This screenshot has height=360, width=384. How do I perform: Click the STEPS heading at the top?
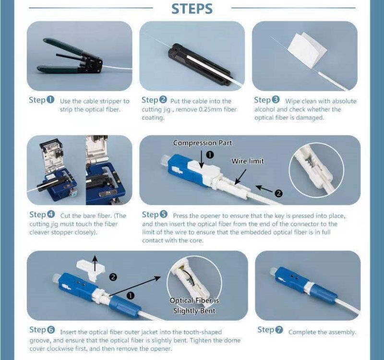pos(192,9)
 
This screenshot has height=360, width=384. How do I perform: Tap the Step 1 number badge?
pos(50,100)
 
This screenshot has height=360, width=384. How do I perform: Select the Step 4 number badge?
pos(51,214)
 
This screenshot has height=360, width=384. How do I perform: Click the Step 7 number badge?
pos(279,330)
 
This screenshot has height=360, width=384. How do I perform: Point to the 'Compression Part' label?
pos(202,143)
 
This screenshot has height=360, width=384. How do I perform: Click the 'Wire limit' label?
pos(248,161)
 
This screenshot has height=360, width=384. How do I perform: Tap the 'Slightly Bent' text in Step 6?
pos(194,311)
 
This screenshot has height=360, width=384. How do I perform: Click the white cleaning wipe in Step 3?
pos(307,50)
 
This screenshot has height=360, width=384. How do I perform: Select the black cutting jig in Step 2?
pos(199,64)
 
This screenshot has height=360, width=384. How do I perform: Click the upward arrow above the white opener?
pos(95,264)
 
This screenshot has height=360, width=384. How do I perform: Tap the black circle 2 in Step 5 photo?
pos(279,193)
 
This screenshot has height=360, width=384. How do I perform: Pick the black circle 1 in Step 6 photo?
pos(131,296)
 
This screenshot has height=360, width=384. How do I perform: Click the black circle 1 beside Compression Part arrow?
pos(210,155)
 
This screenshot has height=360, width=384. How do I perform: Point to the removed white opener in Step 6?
pos(91,270)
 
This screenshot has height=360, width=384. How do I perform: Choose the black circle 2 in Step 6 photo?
pos(113,277)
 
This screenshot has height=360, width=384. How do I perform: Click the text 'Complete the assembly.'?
pos(322,332)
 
